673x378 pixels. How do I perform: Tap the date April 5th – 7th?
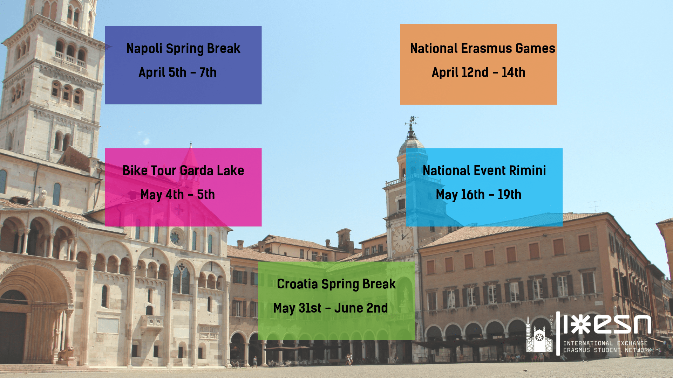(177, 72)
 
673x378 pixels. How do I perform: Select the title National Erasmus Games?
(482, 48)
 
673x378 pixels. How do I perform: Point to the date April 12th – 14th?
(478, 72)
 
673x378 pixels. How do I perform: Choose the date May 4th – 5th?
(177, 195)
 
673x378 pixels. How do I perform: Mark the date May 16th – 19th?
(478, 195)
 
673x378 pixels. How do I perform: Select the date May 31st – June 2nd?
(331, 308)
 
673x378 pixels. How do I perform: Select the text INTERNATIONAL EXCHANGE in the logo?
(605, 343)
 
